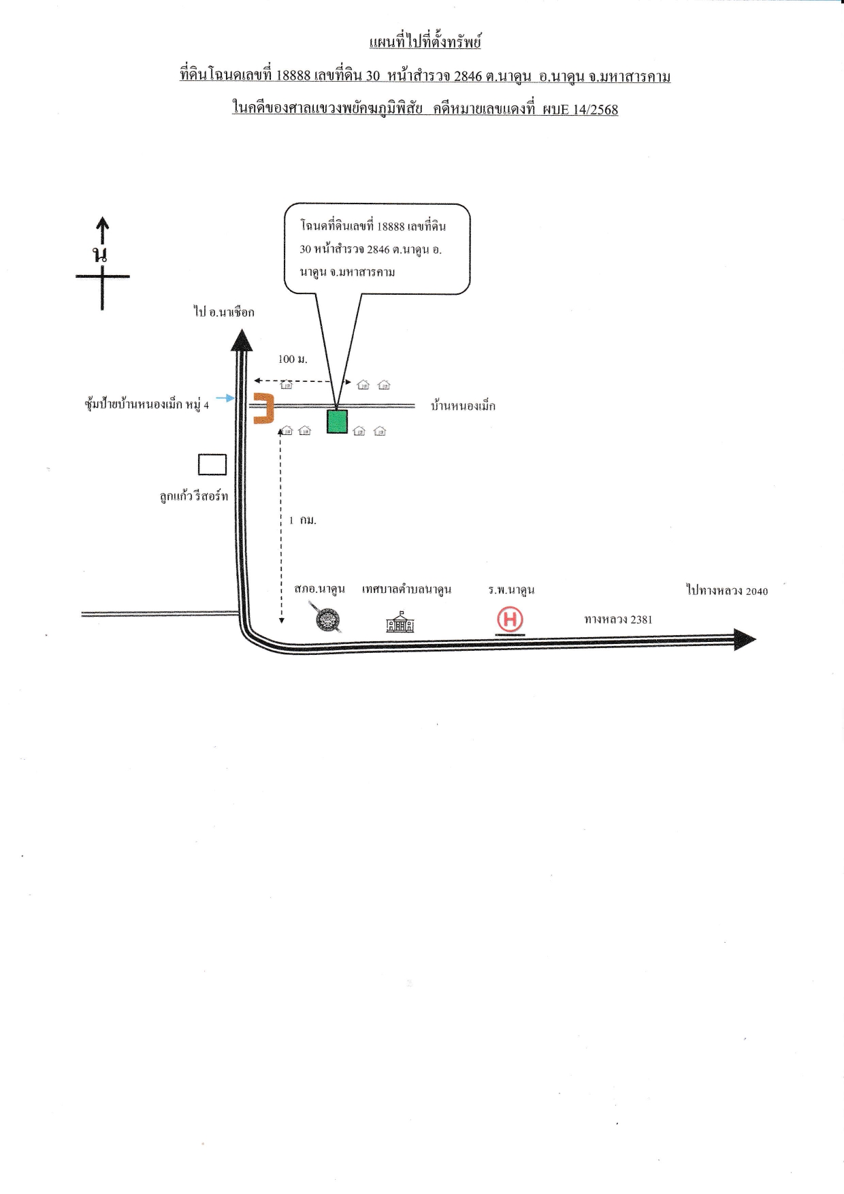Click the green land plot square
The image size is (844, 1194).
[337, 421]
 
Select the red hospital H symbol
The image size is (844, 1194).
[510, 620]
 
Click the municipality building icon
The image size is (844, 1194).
[400, 622]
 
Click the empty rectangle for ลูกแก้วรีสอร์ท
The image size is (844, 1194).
[212, 464]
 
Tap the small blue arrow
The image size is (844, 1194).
[225, 398]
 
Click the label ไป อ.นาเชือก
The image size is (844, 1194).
[224, 312]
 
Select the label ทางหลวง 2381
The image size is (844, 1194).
[618, 619]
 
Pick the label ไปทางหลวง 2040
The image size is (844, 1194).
[727, 590]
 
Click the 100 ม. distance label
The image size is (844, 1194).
[293, 359]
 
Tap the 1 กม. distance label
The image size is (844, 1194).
[303, 520]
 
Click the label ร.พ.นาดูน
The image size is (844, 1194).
[511, 590]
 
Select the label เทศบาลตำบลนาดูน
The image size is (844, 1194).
[407, 589]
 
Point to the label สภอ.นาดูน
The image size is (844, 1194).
[320, 589]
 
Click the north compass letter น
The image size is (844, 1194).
[101, 255]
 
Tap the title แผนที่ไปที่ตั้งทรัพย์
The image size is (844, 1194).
[425, 42]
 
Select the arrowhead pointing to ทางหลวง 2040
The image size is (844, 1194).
[745, 640]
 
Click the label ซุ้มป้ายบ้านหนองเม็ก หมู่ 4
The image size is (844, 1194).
[146, 404]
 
